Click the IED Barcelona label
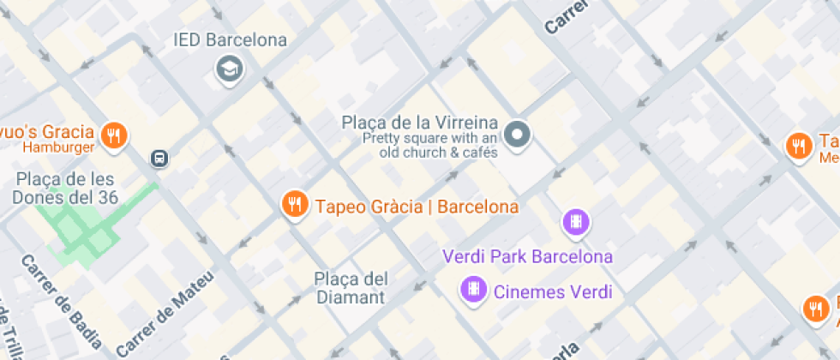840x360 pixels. (230, 40)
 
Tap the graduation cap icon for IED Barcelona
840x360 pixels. (230, 69)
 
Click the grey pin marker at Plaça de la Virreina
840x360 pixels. (517, 134)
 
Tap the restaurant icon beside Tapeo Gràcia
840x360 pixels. (296, 204)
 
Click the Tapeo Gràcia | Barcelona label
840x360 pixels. (417, 207)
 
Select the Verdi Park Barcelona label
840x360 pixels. (527, 256)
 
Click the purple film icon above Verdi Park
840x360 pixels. (577, 222)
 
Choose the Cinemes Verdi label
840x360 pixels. (553, 291)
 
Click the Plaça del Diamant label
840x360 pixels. (351, 288)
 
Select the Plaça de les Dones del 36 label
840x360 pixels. (65, 188)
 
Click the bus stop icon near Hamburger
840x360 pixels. (159, 158)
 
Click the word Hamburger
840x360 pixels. (57, 147)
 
